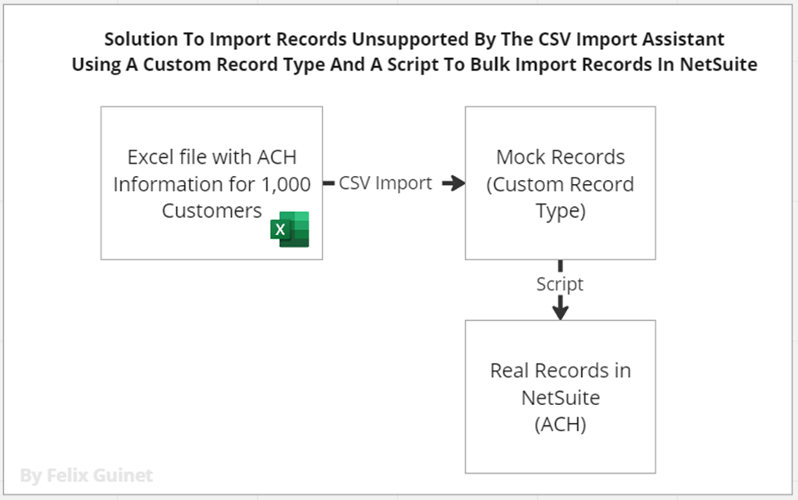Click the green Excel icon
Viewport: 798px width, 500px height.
pyautogui.click(x=290, y=229)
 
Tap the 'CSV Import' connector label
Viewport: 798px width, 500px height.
pyautogui.click(x=385, y=183)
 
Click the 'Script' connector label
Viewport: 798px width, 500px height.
pyautogui.click(x=560, y=284)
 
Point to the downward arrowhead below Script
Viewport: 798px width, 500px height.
pyautogui.click(x=560, y=310)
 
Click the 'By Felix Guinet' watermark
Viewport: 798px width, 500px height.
pyautogui.click(x=86, y=475)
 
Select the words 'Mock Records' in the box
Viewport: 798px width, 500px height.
pyautogui.click(x=560, y=157)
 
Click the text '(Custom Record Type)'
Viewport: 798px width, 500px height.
pyautogui.click(x=560, y=197)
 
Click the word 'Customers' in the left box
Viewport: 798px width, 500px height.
pyautogui.click(x=211, y=210)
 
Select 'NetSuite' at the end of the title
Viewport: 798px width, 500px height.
pyautogui.click(x=718, y=65)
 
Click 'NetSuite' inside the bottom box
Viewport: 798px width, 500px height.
pyautogui.click(x=560, y=397)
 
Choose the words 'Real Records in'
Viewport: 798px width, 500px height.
pyautogui.click(x=560, y=370)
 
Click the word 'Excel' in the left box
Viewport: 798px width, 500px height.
pyautogui.click(x=154, y=157)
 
